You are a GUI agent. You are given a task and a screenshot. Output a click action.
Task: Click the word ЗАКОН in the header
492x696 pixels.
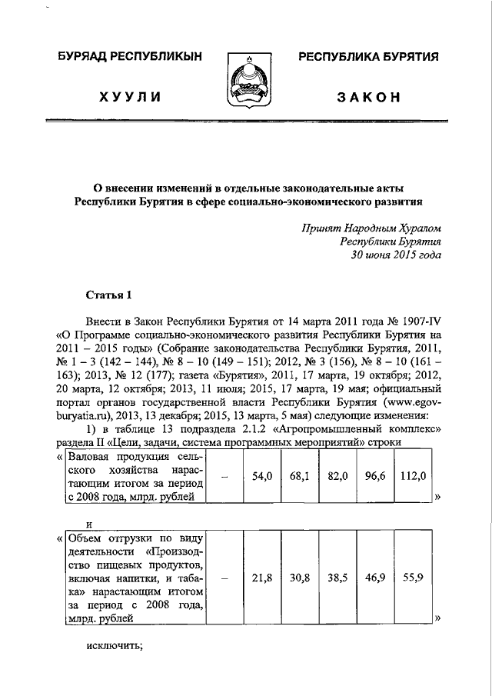click(x=369, y=98)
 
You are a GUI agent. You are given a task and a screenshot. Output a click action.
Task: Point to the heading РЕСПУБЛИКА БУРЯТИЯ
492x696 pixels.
click(x=368, y=57)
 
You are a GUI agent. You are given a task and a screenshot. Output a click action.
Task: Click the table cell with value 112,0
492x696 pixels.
click(x=413, y=476)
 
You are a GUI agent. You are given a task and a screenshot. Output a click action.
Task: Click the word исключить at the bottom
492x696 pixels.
click(x=115, y=644)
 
